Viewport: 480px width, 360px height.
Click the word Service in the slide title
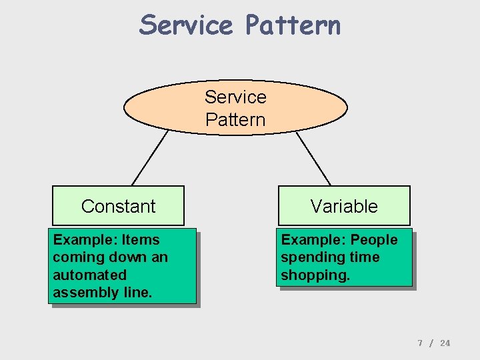(186, 25)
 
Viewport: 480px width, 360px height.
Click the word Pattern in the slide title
(293, 25)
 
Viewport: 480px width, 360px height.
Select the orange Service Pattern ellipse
(235, 108)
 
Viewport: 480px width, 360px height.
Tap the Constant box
(118, 206)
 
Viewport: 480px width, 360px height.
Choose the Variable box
(344, 206)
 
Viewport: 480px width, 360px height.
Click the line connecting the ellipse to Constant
(150, 158)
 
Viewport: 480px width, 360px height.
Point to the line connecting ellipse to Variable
(313, 158)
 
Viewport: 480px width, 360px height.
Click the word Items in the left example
(141, 240)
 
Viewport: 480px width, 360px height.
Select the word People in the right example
(374, 240)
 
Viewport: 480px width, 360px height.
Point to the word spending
(309, 257)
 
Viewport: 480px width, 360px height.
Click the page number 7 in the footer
(420, 343)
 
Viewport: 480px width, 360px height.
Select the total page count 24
(445, 343)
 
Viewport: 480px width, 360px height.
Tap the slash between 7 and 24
(431, 343)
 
